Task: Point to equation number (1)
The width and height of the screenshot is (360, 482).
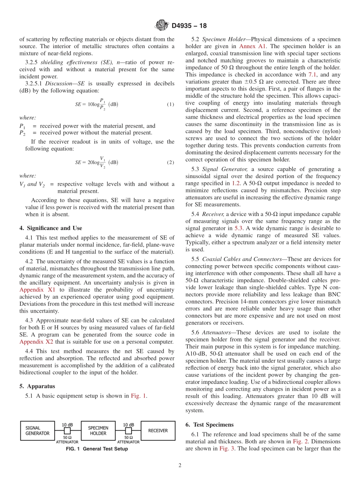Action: [x=171, y=105]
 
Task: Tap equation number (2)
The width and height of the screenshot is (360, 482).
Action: [x=171, y=163]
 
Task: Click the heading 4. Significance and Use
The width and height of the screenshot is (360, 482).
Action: [x=50, y=228]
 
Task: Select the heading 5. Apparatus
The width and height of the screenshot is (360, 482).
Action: [x=37, y=386]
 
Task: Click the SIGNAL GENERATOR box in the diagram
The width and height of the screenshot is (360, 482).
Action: [x=38, y=430]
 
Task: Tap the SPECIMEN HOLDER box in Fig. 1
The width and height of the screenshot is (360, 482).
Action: [x=98, y=430]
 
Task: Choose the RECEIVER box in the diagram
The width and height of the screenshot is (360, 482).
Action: [x=158, y=430]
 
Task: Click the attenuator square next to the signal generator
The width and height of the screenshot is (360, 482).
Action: [x=67, y=431]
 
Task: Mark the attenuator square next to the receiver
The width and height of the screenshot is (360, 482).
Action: [x=128, y=431]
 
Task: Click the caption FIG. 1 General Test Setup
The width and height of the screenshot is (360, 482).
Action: [x=97, y=449]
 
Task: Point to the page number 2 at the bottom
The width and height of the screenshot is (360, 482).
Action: [x=180, y=466]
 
